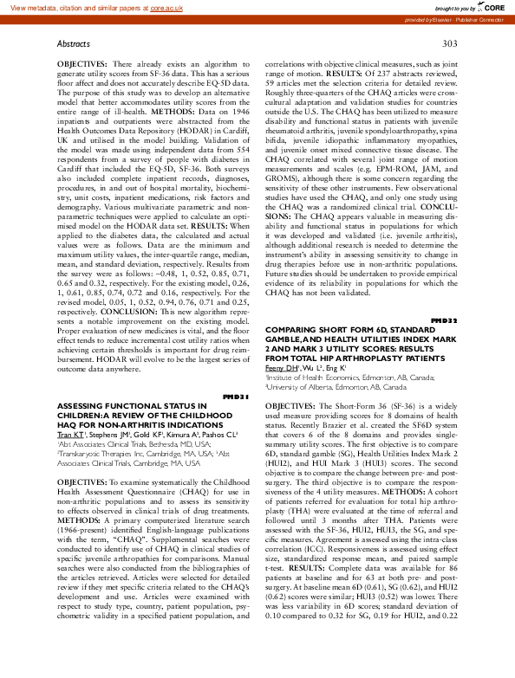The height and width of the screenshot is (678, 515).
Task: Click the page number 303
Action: tap(449, 42)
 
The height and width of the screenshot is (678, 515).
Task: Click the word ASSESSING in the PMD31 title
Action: tap(82, 405)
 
